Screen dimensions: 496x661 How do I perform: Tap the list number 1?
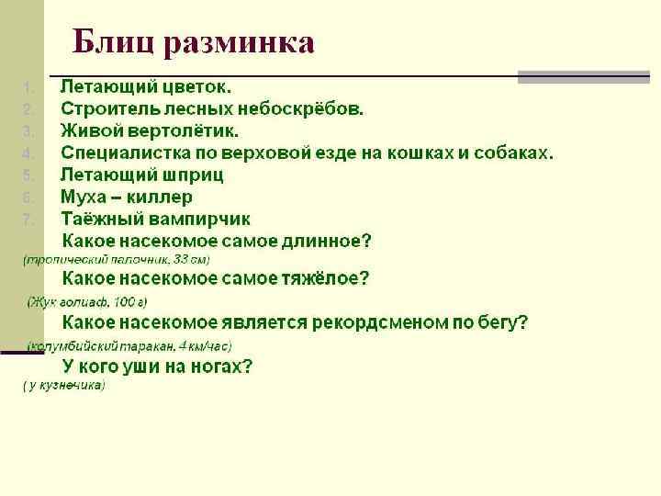(x=28, y=88)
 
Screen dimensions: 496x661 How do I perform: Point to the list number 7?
(x=28, y=220)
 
